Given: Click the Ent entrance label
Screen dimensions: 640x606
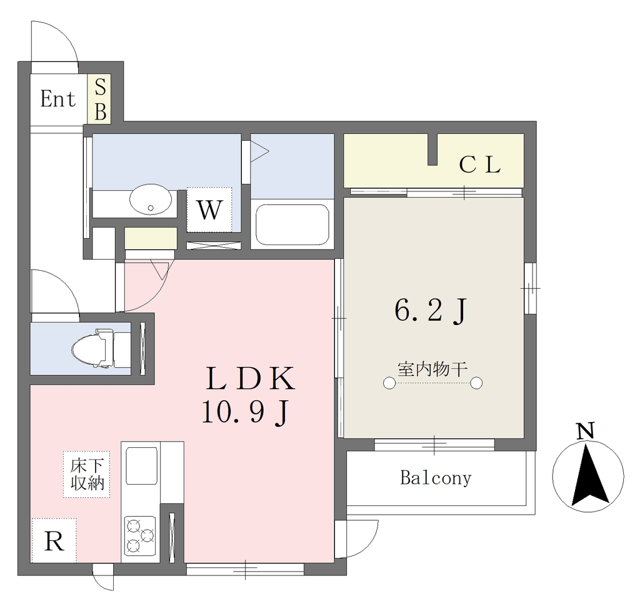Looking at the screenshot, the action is coord(58,99).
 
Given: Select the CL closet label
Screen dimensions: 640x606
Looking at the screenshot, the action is coord(480,165).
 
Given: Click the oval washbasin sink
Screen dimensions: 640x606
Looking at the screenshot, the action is coord(151,199).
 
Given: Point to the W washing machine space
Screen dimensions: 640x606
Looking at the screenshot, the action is coord(209,210).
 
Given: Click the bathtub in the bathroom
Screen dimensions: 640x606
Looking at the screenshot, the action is coord(292,225).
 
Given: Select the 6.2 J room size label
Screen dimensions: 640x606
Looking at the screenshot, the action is coord(430,311).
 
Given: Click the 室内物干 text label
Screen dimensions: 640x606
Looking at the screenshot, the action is coord(432,369).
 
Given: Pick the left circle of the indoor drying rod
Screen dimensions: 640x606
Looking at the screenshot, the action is coord(389,383).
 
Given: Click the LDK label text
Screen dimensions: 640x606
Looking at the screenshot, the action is coord(251,378).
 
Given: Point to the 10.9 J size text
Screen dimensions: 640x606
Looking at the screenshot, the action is coord(246,412).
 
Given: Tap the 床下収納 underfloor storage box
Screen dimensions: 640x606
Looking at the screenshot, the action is coord(86,474).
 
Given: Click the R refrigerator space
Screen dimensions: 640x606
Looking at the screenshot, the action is coord(54,541).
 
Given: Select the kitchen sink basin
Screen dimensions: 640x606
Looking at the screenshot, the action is coord(141,466).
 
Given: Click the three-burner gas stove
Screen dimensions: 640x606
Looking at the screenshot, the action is coord(140,535).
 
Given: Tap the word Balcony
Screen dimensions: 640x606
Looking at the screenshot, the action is coord(436,478).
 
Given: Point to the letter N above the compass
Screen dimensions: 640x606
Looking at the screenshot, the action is coord(585,431).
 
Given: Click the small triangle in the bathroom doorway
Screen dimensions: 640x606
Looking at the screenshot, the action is coord(258,151).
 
